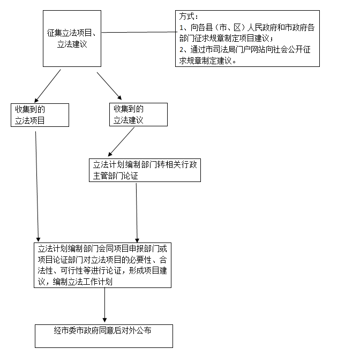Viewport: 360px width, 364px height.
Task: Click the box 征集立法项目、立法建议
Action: [x=72, y=39]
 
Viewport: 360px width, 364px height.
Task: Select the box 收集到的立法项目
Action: [x=40, y=115]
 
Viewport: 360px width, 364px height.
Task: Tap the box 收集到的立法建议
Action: [x=138, y=115]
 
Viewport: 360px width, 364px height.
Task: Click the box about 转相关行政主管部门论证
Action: [x=145, y=170]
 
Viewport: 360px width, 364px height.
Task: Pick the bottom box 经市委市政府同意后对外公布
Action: [x=104, y=336]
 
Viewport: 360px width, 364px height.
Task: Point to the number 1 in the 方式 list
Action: [x=181, y=28]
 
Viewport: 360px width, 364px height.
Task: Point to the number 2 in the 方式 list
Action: [x=182, y=50]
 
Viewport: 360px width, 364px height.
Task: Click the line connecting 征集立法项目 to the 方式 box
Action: [x=139, y=32]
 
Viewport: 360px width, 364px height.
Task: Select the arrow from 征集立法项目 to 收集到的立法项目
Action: [x=47, y=86]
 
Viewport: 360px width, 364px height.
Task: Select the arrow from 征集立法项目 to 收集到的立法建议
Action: [x=109, y=86]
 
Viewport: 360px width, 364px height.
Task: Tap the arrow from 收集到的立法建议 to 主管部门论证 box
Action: [x=121, y=142]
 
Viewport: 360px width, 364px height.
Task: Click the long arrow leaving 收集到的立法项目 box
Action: [x=37, y=187]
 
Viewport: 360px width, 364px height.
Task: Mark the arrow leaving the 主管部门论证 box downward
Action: [x=137, y=213]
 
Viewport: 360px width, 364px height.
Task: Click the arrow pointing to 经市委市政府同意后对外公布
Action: [x=105, y=305]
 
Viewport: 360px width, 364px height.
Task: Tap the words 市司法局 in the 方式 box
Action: [x=216, y=50]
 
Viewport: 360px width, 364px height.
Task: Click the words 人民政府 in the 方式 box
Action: [x=262, y=28]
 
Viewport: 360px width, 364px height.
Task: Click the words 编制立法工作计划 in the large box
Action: [x=82, y=282]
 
